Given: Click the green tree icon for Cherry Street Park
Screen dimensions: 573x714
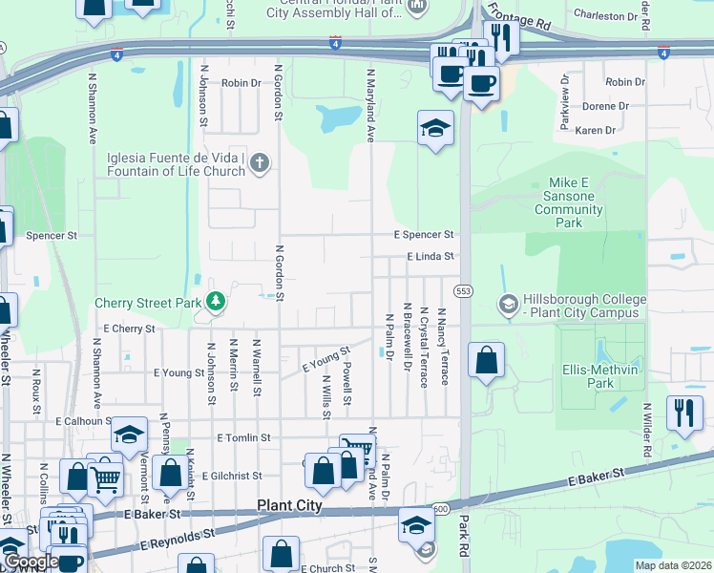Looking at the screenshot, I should [217, 303].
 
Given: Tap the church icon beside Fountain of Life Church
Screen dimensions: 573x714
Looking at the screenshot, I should [258, 164].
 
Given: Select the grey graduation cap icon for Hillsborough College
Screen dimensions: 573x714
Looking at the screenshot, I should [509, 306].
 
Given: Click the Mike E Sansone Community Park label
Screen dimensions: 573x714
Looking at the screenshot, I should [571, 202].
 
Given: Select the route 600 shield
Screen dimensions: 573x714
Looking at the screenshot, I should [440, 508].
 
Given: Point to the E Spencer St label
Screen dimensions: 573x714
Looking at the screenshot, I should [425, 234].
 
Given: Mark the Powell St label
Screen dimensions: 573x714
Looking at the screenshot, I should [347, 382].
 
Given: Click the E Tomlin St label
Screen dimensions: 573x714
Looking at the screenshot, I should [244, 437].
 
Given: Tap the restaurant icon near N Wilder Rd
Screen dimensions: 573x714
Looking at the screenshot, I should [683, 414].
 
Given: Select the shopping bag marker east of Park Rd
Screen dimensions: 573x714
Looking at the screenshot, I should [487, 361].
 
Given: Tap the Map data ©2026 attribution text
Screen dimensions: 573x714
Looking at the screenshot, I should [673, 565].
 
